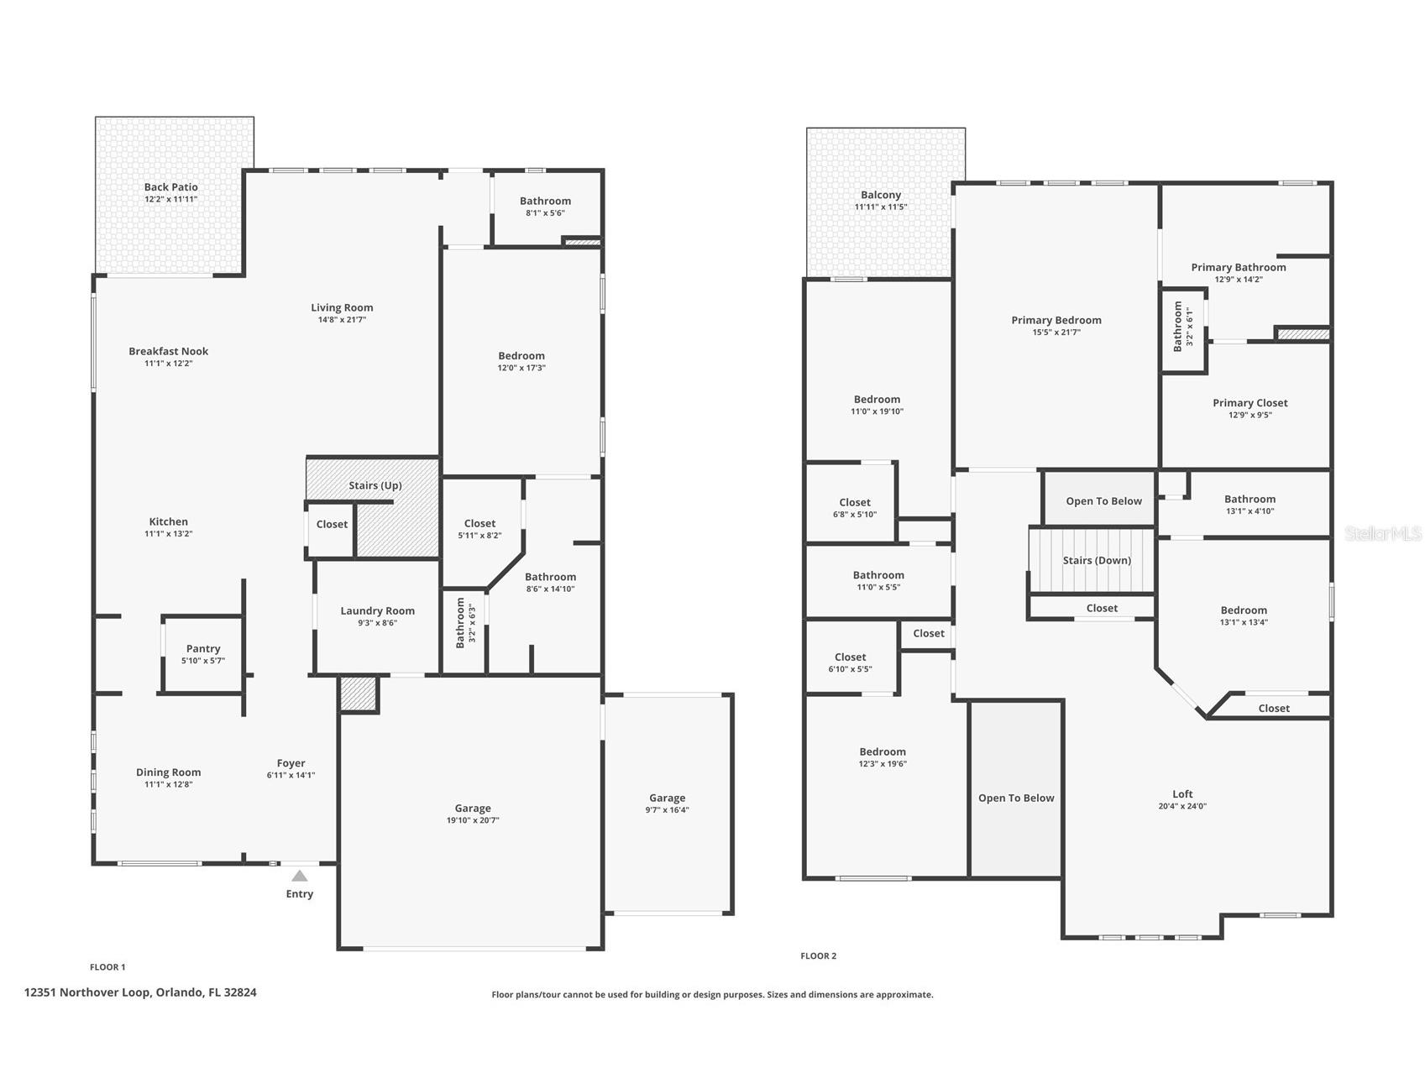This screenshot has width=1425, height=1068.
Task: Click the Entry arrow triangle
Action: click(x=300, y=876)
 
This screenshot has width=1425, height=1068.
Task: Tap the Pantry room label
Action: click(x=203, y=648)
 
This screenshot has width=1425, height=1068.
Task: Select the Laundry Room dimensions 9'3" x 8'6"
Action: click(x=377, y=623)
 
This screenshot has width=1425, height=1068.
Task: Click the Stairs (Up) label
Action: click(x=375, y=485)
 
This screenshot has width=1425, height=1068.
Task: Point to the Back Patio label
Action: click(x=170, y=187)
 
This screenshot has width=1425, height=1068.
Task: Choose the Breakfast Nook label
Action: click(x=168, y=351)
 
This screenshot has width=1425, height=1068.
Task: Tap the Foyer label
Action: click(x=291, y=763)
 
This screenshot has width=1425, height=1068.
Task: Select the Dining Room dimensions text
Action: click(x=168, y=784)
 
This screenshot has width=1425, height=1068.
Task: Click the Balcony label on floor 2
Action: click(x=881, y=195)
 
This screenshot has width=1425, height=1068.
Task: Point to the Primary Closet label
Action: click(x=1249, y=403)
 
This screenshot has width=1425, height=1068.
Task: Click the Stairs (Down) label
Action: click(x=1097, y=560)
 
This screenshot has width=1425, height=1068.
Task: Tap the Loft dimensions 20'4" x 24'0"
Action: click(x=1182, y=806)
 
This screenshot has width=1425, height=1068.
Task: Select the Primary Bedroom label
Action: click(x=1056, y=320)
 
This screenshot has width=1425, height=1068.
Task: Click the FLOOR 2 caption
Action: click(x=818, y=955)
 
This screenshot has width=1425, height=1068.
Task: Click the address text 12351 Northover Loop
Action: click(x=140, y=992)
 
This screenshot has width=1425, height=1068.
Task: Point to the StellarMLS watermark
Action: click(x=1383, y=533)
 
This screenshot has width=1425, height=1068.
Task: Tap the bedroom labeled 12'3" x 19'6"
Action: click(x=883, y=763)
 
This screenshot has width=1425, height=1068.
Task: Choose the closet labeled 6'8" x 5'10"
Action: click(x=855, y=514)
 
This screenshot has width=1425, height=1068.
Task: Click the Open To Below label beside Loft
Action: click(x=1016, y=798)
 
